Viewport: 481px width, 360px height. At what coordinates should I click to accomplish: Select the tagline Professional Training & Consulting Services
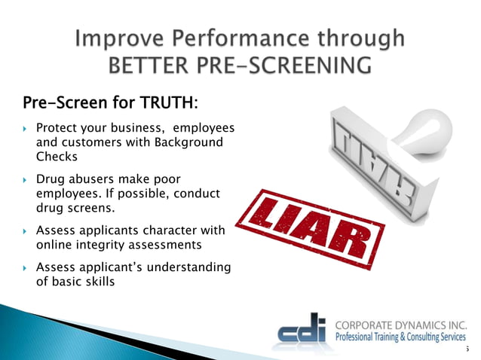point(401,339)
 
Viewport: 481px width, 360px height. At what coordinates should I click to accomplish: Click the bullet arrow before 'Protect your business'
point(25,129)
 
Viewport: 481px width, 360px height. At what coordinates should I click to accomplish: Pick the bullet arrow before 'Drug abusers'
point(25,180)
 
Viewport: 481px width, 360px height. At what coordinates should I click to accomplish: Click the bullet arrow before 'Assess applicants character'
point(25,231)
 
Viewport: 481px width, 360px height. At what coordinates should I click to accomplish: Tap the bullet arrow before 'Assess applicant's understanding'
point(25,267)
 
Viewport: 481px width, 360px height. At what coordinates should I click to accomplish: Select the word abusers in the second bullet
point(98,180)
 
